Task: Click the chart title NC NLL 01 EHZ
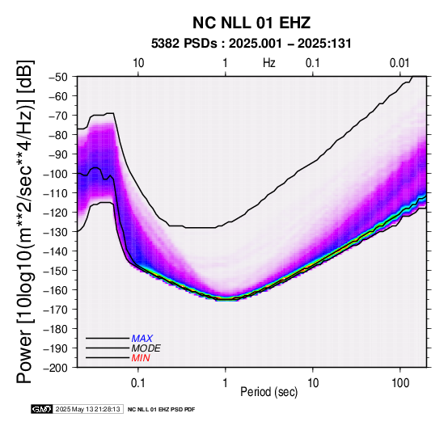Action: tap(251, 23)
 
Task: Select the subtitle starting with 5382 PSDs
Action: tap(251, 44)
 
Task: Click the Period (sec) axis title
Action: tap(268, 392)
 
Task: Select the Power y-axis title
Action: tap(25, 221)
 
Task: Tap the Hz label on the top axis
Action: tap(268, 63)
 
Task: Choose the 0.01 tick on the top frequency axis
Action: tap(399, 63)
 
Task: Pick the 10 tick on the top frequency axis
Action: tap(138, 63)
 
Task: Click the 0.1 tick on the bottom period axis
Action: tap(138, 383)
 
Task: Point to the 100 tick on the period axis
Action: tap(400, 383)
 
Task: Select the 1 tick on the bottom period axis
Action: tap(226, 383)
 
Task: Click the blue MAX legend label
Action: tap(142, 339)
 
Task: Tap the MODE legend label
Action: tap(146, 348)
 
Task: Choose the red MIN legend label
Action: tap(141, 358)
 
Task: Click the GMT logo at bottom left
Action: tap(42, 409)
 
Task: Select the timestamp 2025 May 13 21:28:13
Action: tap(87, 409)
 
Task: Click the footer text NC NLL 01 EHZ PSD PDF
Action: tap(161, 410)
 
